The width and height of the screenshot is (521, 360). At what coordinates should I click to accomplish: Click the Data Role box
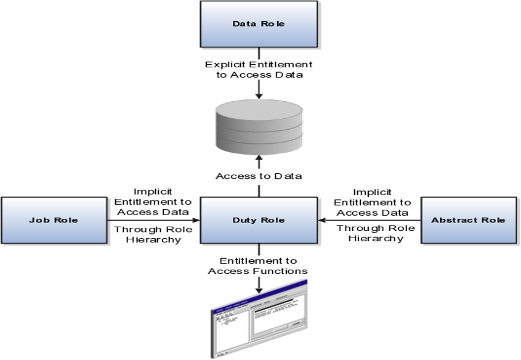coord(259,25)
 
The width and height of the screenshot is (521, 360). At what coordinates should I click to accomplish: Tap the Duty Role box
coord(259,221)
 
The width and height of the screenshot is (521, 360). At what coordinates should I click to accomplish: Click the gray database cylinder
coord(259,128)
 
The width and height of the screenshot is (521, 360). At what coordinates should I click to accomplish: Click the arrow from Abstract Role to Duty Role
coord(370,220)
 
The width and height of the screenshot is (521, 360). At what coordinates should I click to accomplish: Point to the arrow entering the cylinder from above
coord(259,89)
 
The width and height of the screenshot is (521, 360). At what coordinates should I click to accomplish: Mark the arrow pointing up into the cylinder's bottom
coord(259,161)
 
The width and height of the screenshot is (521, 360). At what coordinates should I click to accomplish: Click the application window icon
coord(260,319)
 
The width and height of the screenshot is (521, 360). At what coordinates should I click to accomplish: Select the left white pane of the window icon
coord(230,330)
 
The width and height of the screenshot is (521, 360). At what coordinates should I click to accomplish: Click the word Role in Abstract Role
coord(493,220)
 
